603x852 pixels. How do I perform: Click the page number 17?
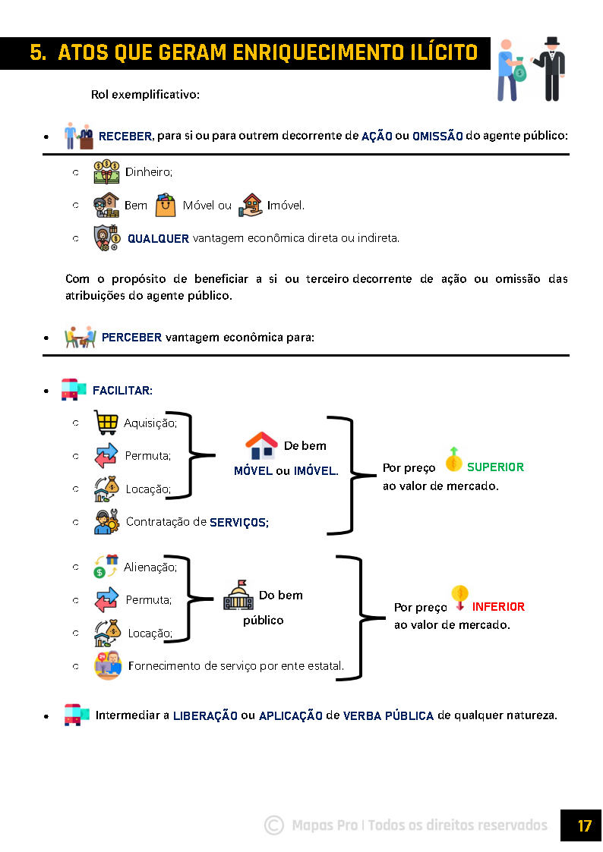(584, 825)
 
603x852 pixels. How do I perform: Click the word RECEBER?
(125, 137)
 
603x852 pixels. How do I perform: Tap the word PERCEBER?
(131, 338)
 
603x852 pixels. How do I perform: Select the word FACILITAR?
(122, 391)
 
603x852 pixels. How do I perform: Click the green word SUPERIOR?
(495, 467)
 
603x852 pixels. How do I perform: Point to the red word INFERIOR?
(498, 607)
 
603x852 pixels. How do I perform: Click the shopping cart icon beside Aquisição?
(106, 423)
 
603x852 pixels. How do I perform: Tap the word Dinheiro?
(149, 172)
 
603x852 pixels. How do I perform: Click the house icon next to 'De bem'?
(260, 446)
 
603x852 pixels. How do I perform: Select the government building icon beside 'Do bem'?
(238, 596)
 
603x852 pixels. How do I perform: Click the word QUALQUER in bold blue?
(158, 238)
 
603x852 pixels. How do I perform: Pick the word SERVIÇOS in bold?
(238, 523)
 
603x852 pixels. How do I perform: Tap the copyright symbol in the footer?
(274, 825)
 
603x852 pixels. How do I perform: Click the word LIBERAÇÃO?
(205, 715)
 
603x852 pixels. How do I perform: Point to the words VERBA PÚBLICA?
(388, 715)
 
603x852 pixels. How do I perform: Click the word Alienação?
(150, 567)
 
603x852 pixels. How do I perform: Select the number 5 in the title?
(36, 52)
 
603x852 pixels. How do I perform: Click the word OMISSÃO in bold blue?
(437, 137)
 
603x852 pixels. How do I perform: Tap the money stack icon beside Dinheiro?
(106, 171)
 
